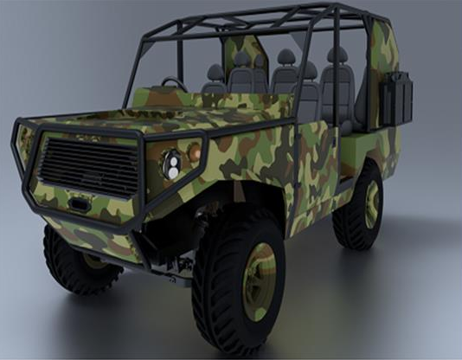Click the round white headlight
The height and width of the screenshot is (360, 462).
[173, 164]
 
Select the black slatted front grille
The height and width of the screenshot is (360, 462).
[89, 165]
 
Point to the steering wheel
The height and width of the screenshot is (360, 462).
[173, 84]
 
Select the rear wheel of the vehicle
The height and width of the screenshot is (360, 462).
[358, 206]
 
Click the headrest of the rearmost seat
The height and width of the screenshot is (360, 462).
[337, 55]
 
